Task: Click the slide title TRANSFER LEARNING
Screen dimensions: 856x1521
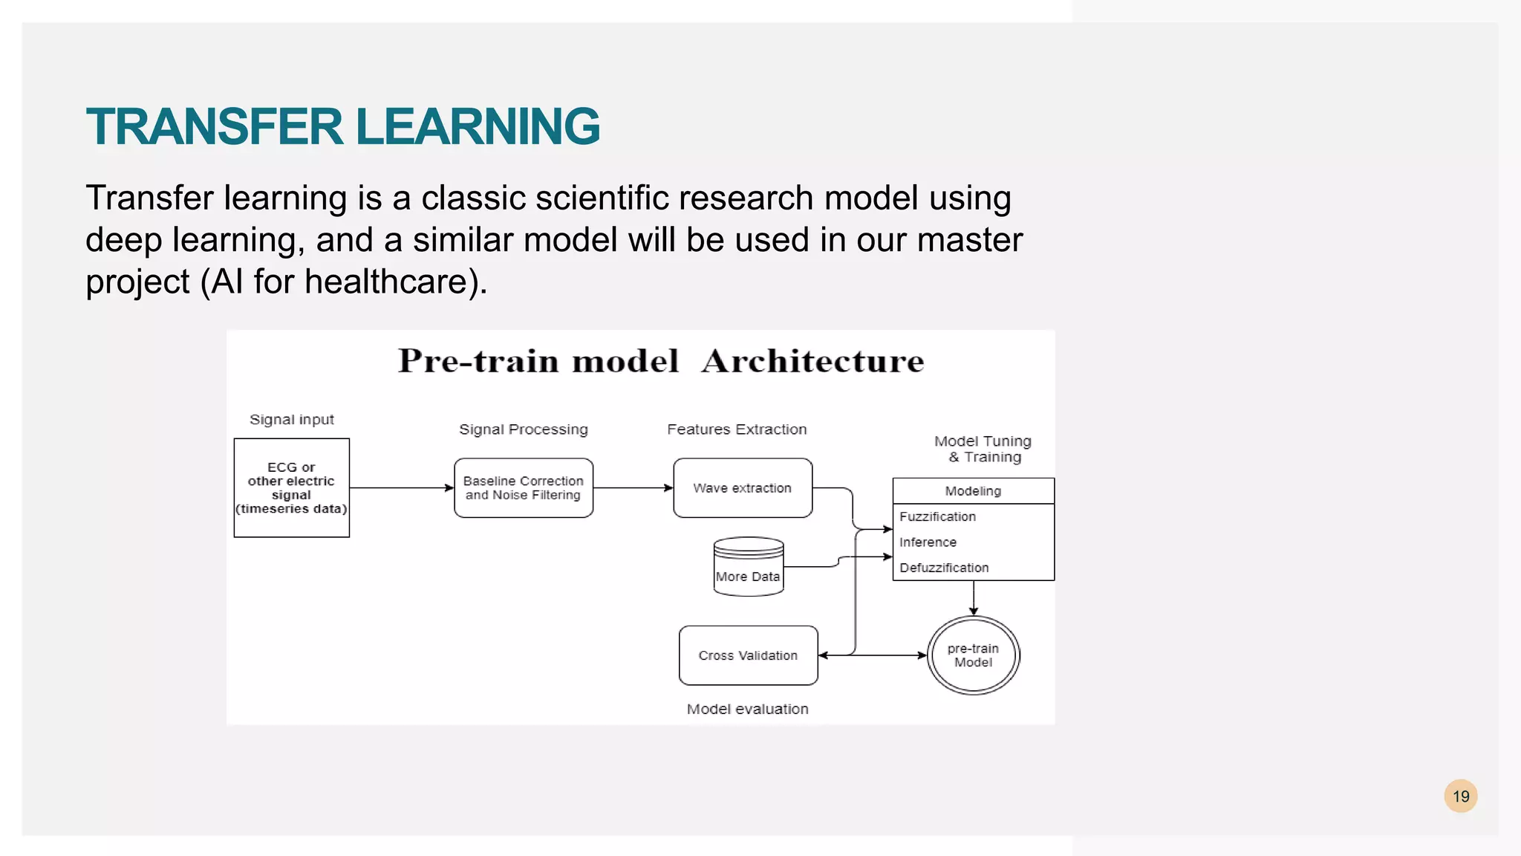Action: [x=342, y=126]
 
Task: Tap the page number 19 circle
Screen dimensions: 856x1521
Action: [x=1460, y=797]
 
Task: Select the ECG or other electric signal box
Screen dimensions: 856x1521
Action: [x=291, y=487]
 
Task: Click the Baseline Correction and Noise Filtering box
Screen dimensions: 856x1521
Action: [x=523, y=487]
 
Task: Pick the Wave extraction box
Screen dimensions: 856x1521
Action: [x=742, y=487]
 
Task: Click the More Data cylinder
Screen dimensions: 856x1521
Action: [x=748, y=568]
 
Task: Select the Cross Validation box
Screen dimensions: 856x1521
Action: [x=748, y=655]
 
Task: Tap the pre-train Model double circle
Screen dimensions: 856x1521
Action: [x=973, y=655]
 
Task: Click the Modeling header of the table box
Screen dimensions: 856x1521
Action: [x=973, y=491]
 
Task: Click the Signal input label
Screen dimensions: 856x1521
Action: [x=292, y=420]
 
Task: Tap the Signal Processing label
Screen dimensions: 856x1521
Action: [x=523, y=429]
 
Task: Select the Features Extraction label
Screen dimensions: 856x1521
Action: [x=736, y=429]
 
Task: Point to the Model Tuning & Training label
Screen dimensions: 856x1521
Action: [x=983, y=449]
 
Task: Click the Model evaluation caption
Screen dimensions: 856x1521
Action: [x=747, y=709]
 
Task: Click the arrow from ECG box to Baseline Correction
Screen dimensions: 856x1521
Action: [x=401, y=488]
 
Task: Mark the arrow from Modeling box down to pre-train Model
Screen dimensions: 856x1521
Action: [x=974, y=597]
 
